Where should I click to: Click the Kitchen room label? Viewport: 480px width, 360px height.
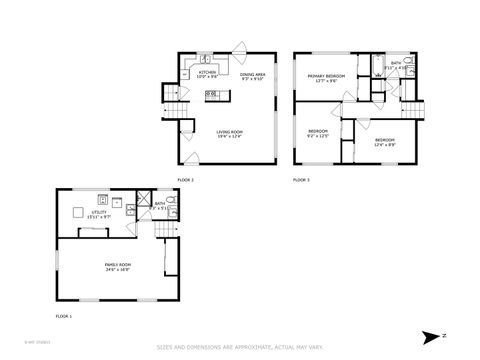click(x=207, y=73)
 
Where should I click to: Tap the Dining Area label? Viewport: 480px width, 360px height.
click(x=253, y=75)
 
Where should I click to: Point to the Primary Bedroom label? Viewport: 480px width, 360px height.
click(x=326, y=77)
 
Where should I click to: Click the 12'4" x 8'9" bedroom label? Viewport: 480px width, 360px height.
click(x=385, y=141)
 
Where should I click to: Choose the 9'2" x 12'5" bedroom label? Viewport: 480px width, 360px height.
click(x=318, y=133)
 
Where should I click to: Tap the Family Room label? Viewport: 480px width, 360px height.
click(x=118, y=266)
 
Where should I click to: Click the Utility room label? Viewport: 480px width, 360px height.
click(x=99, y=214)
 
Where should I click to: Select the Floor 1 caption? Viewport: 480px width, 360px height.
click(x=64, y=316)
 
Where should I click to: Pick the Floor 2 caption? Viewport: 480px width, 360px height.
click(x=185, y=179)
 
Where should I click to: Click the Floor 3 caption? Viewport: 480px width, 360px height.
click(x=301, y=179)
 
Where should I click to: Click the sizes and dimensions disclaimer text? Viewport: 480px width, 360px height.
click(x=239, y=348)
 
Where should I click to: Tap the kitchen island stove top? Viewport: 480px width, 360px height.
click(x=211, y=95)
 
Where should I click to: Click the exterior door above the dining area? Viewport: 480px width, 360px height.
click(x=241, y=47)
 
